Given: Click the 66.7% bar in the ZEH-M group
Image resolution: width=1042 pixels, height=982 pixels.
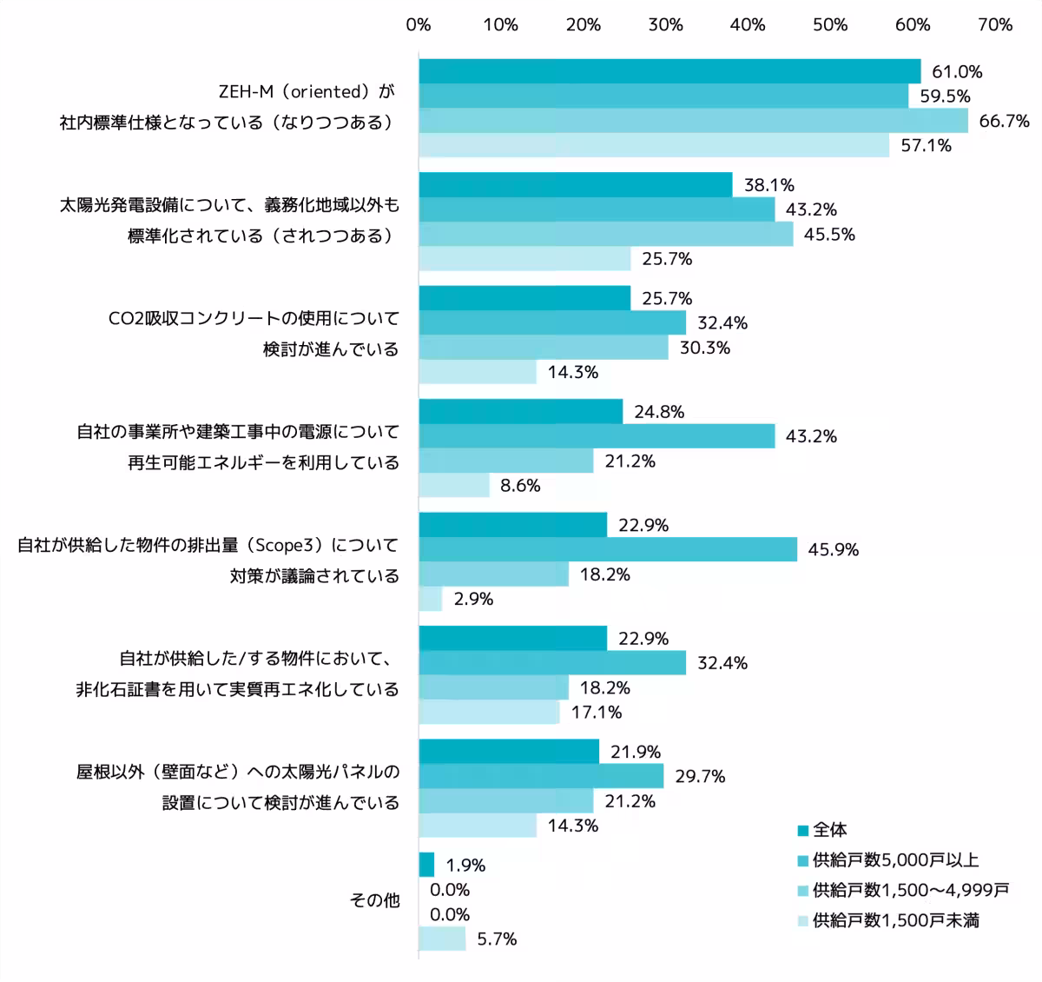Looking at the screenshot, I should click(693, 121).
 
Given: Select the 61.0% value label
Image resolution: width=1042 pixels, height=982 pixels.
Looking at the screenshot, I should click(957, 72).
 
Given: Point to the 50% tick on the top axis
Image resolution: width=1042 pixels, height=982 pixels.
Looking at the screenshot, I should click(830, 25).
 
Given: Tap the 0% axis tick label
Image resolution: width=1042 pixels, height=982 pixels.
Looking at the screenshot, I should click(419, 25).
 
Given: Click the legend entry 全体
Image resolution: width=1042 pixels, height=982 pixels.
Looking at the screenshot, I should click(830, 830).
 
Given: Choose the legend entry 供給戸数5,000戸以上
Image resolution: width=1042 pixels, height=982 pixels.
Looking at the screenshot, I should click(895, 860).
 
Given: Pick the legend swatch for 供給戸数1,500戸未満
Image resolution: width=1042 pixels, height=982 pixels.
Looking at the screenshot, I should click(803, 920).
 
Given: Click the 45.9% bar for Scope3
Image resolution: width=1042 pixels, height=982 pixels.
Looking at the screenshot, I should click(608, 549).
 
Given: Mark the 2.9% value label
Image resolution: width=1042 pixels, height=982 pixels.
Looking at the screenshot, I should click(473, 599).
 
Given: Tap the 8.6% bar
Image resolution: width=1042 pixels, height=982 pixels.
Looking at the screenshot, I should click(454, 486).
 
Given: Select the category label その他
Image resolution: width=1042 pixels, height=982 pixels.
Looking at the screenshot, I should click(374, 900).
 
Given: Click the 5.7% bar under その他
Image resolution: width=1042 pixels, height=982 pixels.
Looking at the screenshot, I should click(442, 939).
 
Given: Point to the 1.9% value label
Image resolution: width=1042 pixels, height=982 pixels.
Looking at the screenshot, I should click(465, 866).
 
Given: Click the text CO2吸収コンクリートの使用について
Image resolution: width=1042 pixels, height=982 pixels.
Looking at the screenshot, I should click(254, 318).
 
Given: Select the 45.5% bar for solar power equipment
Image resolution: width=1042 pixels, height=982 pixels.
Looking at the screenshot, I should click(605, 234).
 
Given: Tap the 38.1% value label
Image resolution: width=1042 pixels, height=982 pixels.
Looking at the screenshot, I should click(769, 185).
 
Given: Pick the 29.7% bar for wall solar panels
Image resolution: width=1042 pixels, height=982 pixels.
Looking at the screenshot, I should click(541, 776).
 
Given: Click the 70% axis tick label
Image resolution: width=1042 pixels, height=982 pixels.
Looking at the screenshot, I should click(995, 25).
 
